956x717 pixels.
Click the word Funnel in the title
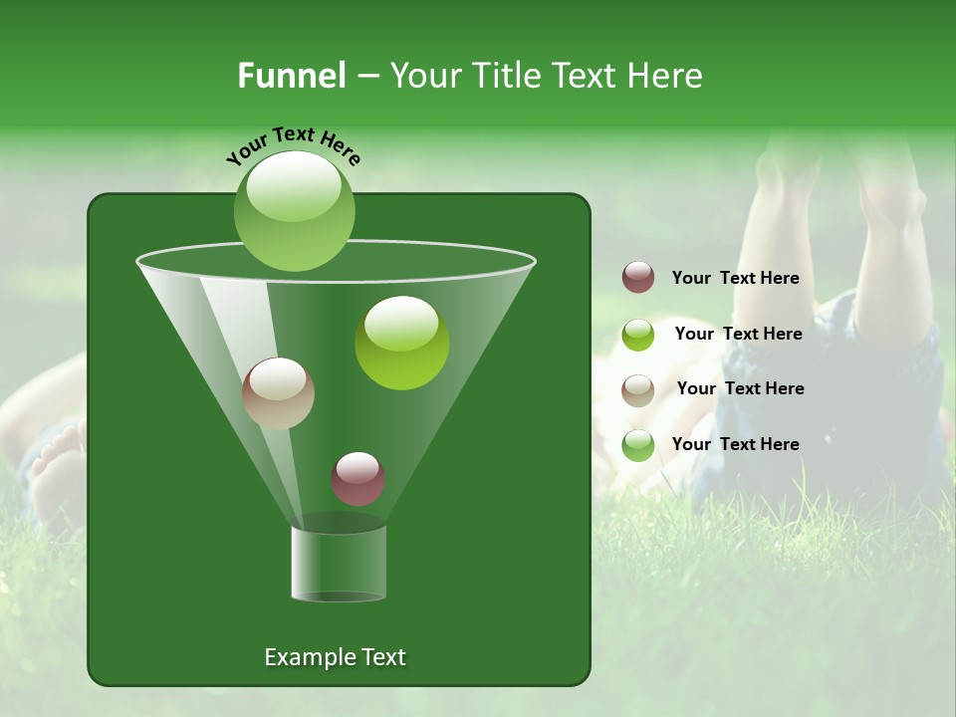point(292,76)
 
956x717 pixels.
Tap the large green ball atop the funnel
point(294,210)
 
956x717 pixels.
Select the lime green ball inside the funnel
point(401,343)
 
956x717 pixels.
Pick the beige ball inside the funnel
point(278,393)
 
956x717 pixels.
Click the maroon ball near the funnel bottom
point(358,479)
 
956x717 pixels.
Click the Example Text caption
point(335,657)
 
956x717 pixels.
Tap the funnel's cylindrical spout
point(339,563)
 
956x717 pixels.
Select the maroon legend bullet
point(638,278)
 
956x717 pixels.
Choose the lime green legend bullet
point(638,335)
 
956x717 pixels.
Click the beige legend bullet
point(638,389)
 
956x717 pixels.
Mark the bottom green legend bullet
point(638,445)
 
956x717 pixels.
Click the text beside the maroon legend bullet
point(735,279)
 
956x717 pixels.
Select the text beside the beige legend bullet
point(740,388)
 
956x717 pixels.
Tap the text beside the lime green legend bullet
point(738,334)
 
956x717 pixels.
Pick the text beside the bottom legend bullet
point(735,444)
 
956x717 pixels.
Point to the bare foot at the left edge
point(55,468)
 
